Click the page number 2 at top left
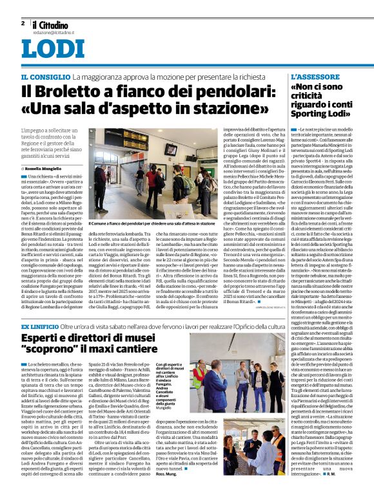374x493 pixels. click(23, 23)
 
